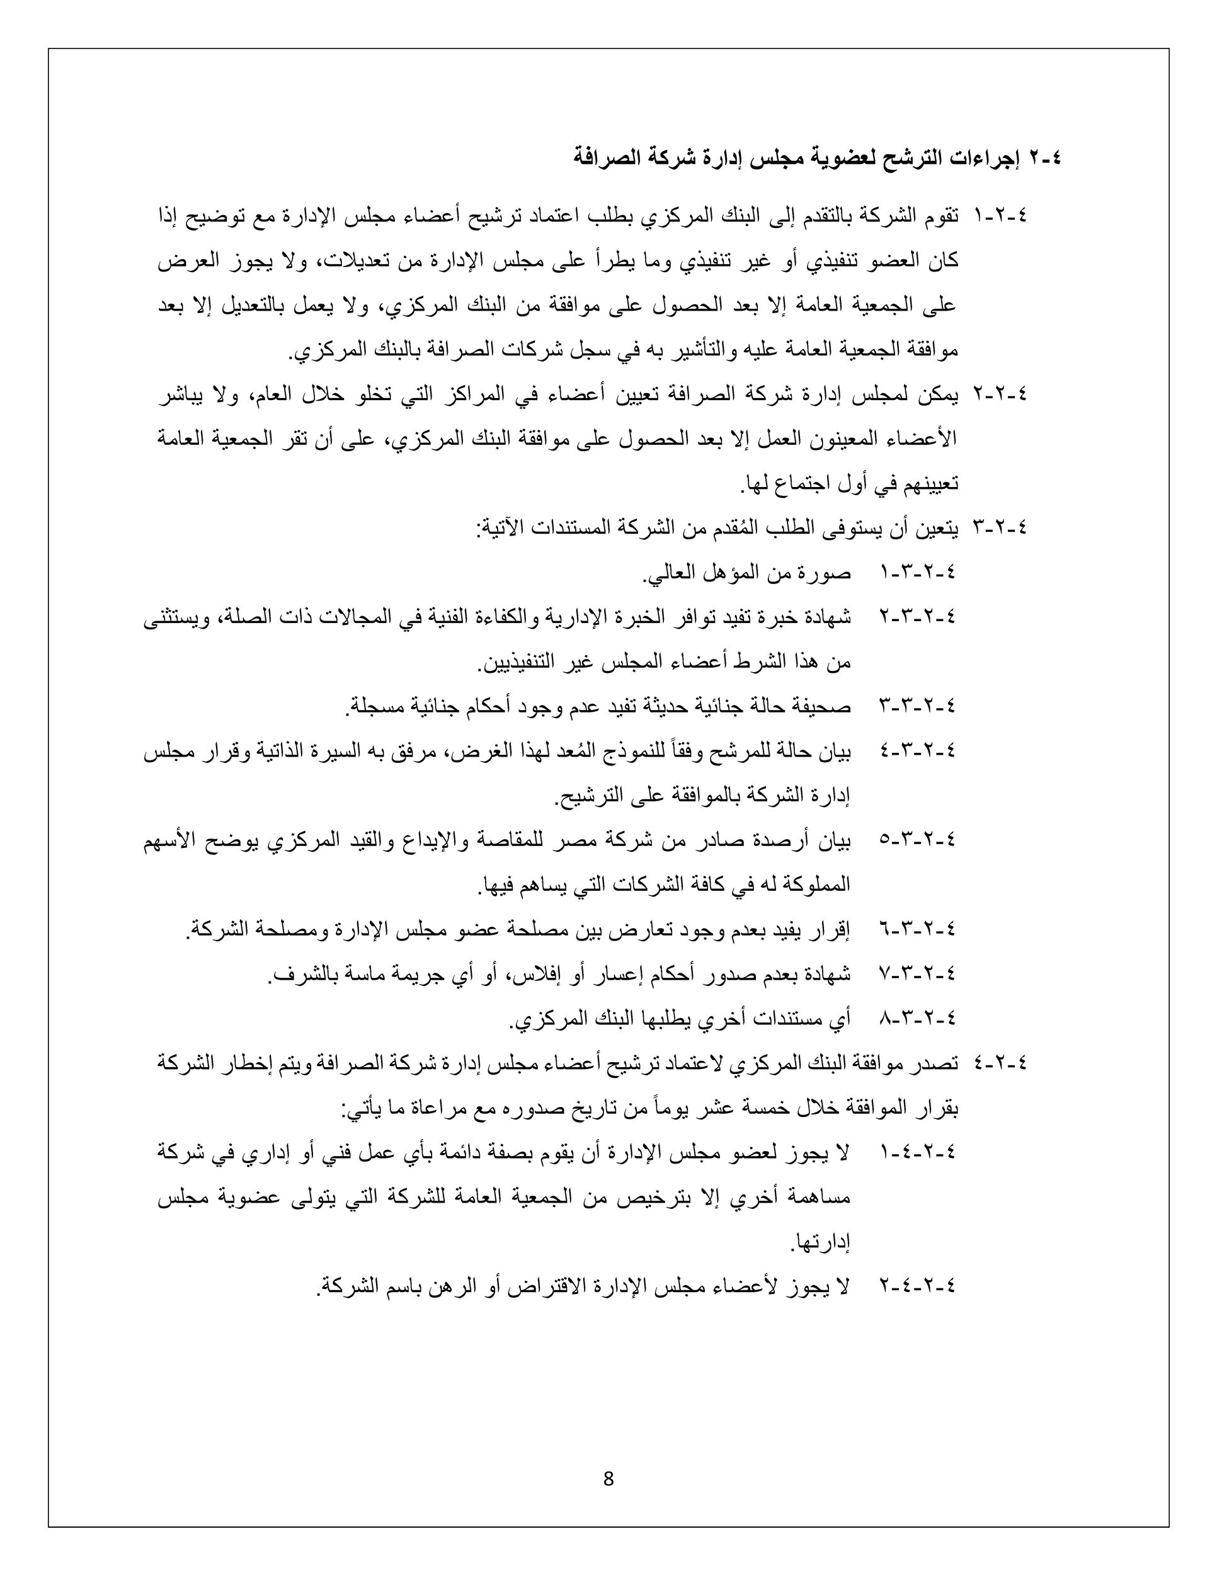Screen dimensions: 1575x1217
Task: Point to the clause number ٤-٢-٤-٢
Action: click(x=917, y=1285)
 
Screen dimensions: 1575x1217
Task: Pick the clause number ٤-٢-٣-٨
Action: click(x=917, y=1018)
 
